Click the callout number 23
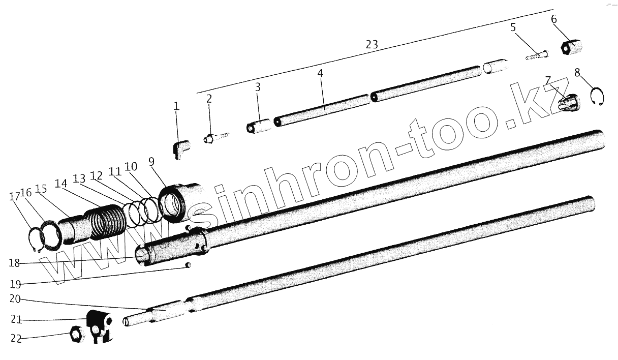tap(372, 45)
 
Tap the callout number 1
tap(176, 106)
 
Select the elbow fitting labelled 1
tap(179, 148)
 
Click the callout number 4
tap(320, 73)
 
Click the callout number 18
tap(15, 263)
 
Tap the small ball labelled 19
tap(188, 265)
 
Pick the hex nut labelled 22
tap(76, 335)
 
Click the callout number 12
tap(96, 176)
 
